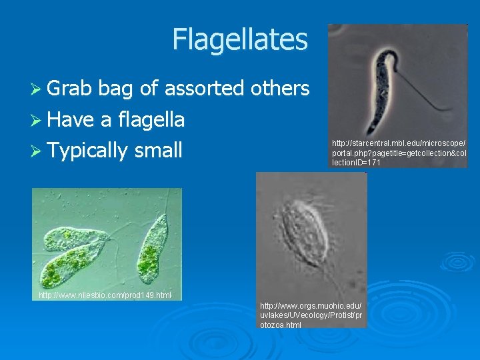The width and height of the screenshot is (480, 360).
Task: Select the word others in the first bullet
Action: pos(280,88)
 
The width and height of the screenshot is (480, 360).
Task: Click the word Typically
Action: pos(87,151)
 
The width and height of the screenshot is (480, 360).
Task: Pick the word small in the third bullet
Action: pos(158,150)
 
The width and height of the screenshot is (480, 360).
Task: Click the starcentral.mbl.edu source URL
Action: pos(399,153)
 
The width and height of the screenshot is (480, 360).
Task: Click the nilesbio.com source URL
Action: pos(105,295)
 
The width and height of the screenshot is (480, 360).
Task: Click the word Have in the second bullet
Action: pos(71,119)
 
